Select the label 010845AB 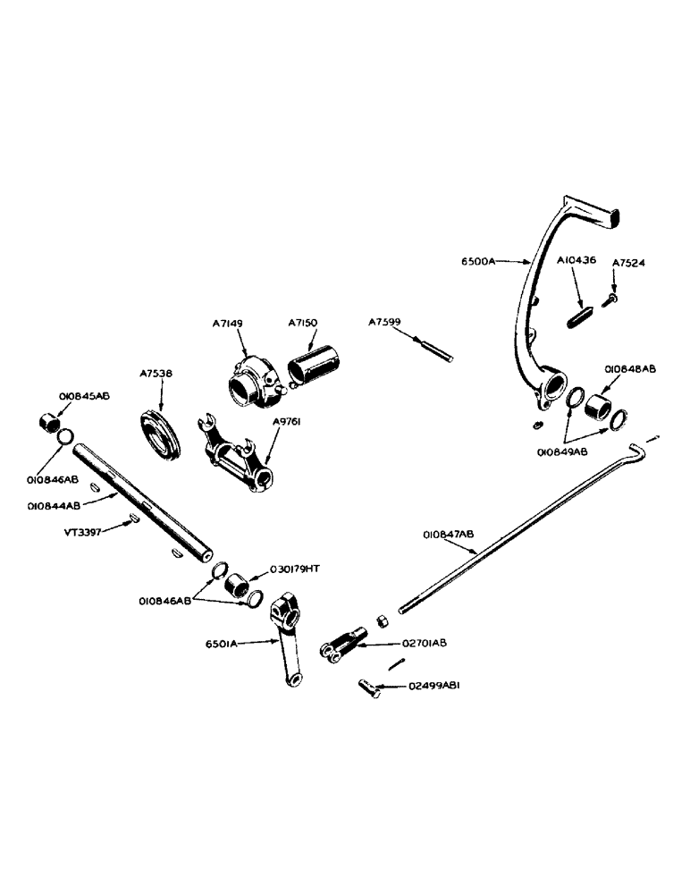[84, 394]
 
